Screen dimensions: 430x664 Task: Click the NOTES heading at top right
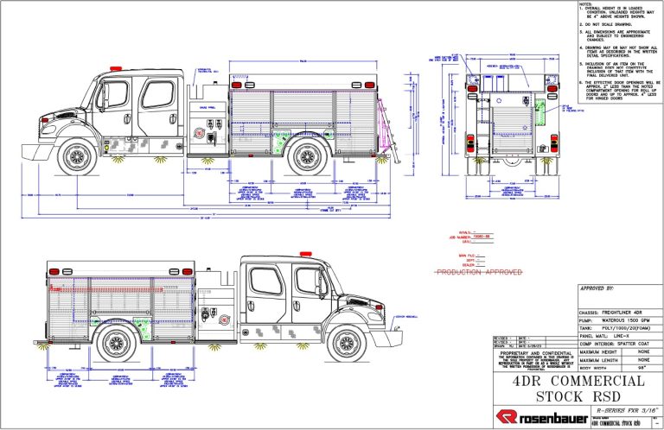[586, 3]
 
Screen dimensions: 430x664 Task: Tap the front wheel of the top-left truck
[77, 156]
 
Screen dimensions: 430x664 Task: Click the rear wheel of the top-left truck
[306, 156]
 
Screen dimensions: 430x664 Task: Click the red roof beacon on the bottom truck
[304, 253]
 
